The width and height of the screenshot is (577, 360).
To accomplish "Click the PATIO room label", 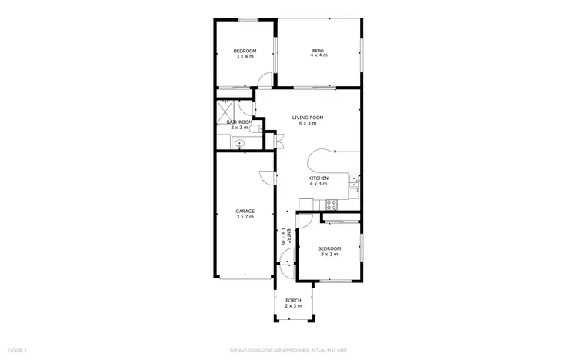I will point(319,51).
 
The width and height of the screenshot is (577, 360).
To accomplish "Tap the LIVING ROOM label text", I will point(307,118).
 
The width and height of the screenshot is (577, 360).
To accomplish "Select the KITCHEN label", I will point(319,178).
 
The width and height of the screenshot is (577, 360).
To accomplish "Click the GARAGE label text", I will point(245,211).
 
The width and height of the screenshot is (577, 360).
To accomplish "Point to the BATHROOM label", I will point(239,122).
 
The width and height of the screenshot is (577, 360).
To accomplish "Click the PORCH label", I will point(293,300).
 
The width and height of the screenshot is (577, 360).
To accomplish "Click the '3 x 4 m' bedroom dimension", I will point(245,56).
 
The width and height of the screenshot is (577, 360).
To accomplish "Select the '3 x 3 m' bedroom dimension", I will point(329,254).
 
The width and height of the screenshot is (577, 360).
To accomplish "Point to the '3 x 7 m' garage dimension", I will point(245,217).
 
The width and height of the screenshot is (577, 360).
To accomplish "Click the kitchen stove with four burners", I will point(332,205).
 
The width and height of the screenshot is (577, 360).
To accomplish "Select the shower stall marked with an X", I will point(226,109).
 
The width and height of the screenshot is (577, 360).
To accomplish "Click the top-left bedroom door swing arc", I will point(265,78).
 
